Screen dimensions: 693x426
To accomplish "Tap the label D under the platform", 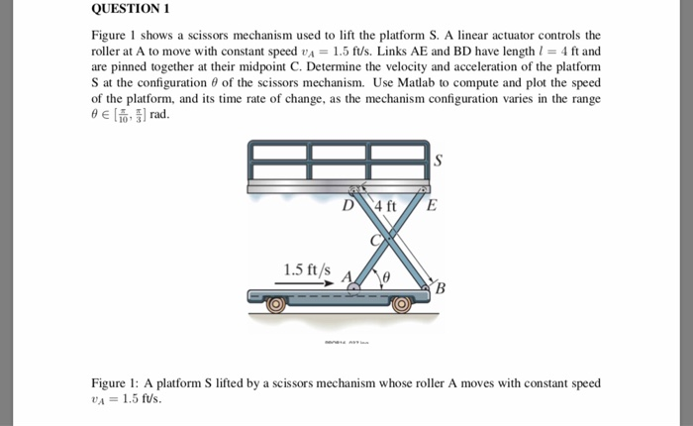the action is coord(347,206).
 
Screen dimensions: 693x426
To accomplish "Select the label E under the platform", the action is coord(431,206).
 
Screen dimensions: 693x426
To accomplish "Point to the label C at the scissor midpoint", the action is coord(375,240).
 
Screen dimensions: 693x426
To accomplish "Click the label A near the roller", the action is coord(346,276).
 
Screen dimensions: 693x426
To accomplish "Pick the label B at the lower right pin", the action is coord(441,288).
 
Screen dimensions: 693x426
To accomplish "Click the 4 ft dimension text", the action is coord(385,206).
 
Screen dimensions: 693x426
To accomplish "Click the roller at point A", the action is coord(353,288).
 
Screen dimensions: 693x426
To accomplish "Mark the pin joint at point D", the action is coord(362,190).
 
